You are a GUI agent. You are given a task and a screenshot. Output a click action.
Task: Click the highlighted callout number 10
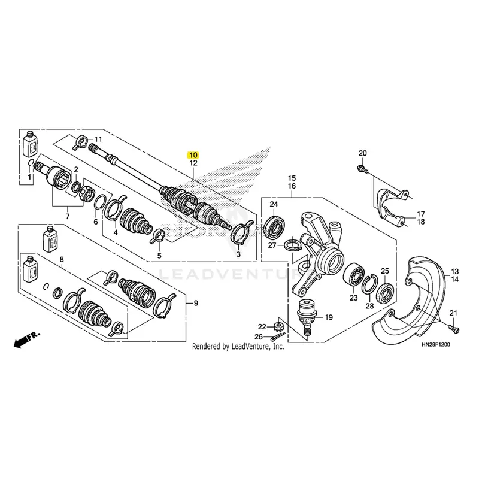tap(193, 154)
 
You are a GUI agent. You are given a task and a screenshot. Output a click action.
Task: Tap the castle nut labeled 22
tap(278, 327)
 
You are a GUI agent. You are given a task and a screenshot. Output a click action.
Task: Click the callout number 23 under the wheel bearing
tap(353, 298)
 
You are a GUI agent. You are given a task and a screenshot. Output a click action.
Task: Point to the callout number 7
tap(67, 216)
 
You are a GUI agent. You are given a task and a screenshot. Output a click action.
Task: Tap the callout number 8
tap(62, 259)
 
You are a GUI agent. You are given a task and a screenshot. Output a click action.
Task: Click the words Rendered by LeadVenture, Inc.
tap(238, 347)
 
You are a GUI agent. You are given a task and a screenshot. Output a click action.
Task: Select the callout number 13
tap(454, 271)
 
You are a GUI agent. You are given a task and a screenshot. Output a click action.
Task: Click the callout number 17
tap(421, 213)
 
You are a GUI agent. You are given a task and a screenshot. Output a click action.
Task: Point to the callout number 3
tap(238, 254)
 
